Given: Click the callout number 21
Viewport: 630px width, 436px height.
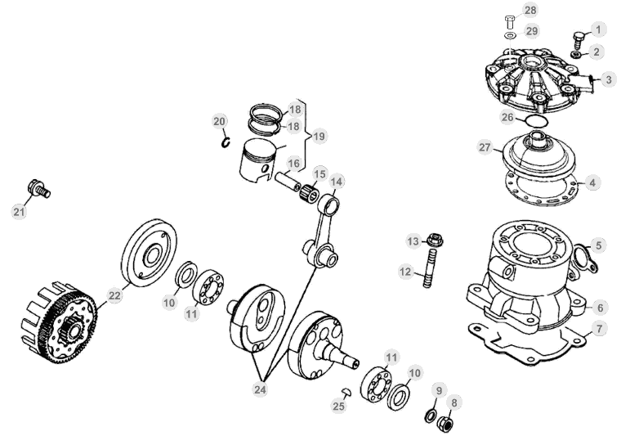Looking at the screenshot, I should pos(19,211).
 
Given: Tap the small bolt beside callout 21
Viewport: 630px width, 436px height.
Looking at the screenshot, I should pos(38,187).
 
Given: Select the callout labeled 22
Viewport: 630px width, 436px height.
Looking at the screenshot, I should pos(115,294).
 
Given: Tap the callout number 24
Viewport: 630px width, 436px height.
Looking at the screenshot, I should pos(261,389).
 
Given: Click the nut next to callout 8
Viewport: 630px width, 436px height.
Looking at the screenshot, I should pos(447,425).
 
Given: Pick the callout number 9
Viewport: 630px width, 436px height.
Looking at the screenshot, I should pos(439,390).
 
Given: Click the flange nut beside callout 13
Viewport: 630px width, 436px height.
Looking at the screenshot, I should pos(435,240).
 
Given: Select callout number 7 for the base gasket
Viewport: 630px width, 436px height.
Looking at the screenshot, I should pos(600,329).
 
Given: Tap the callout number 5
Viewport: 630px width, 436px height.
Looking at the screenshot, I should pos(599,245).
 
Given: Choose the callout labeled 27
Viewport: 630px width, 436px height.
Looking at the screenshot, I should pos(485,148).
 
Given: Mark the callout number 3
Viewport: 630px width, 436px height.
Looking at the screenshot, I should pos(609,79).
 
